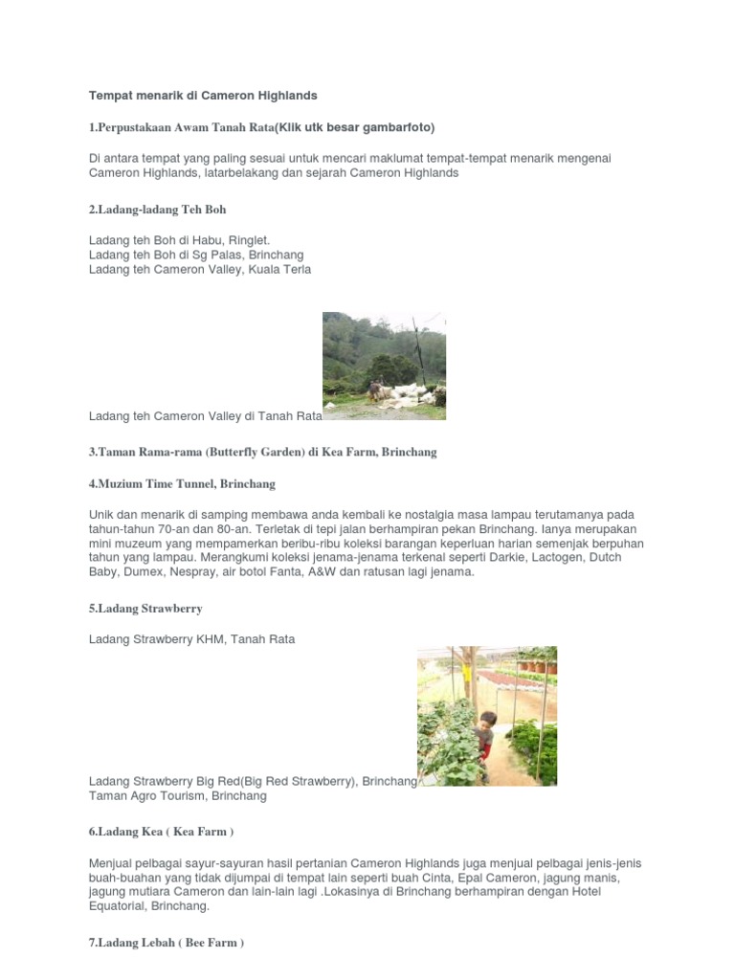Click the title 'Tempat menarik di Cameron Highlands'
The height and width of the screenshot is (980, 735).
click(x=203, y=96)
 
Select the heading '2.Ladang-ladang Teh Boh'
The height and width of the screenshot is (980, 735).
click(x=158, y=209)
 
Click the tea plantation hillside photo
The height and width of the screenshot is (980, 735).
click(x=384, y=366)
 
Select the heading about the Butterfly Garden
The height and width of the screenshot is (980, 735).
click(x=263, y=452)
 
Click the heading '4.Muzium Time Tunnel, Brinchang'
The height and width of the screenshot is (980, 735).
click(x=182, y=484)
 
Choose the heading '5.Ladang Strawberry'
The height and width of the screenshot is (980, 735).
click(x=145, y=608)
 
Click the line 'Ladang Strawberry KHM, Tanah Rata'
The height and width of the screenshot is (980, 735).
click(x=192, y=639)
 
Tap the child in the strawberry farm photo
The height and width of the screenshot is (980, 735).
click(x=486, y=732)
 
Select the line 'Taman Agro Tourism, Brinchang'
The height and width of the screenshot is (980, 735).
click(x=178, y=796)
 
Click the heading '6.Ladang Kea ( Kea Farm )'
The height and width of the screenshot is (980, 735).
click(x=162, y=832)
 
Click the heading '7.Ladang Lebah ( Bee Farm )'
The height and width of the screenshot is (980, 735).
click(x=167, y=943)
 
